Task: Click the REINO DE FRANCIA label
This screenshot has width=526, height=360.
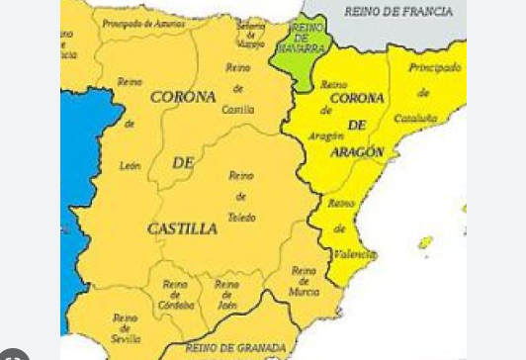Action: (x=398, y=12)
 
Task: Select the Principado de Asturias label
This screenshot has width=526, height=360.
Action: (x=143, y=21)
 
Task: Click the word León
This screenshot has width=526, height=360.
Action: (x=130, y=166)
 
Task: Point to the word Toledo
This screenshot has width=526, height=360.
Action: (x=241, y=217)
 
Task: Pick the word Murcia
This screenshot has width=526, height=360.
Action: (x=303, y=292)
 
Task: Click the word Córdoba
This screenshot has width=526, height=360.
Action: (x=177, y=305)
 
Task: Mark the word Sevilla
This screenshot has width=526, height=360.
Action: (x=126, y=338)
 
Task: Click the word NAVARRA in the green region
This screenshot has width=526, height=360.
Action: (x=303, y=46)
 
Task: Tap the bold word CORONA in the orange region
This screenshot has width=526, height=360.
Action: (x=183, y=97)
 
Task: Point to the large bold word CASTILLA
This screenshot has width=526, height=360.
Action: (x=182, y=228)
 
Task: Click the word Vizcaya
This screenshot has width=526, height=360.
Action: (x=251, y=43)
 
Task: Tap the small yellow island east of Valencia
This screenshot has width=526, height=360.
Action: (x=425, y=242)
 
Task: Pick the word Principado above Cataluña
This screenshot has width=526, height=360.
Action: (x=435, y=67)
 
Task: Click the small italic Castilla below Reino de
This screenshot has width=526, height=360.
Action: (x=238, y=110)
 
